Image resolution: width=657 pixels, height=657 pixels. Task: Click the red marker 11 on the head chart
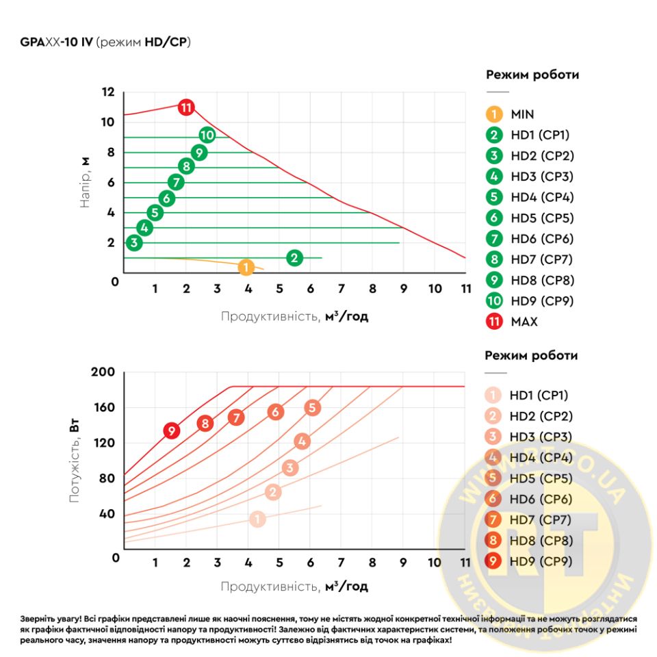[x=186, y=107]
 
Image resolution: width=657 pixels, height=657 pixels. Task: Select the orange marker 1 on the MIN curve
[x=247, y=268]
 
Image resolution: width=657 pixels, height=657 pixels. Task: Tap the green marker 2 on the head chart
[x=294, y=258]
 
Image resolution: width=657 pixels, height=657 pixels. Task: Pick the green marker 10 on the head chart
[x=207, y=136]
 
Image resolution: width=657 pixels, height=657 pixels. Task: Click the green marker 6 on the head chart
[x=166, y=198]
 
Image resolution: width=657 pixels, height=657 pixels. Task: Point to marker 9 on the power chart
[x=171, y=430]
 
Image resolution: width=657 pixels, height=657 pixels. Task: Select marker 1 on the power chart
[x=257, y=519]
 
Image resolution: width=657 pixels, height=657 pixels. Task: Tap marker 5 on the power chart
[x=312, y=408]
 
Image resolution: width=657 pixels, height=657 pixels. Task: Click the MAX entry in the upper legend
[x=524, y=322]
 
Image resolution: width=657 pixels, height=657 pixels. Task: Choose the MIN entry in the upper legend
[x=522, y=114]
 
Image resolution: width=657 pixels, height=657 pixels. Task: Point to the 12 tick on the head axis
[x=108, y=92]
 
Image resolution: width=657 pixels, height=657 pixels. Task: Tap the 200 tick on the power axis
[x=103, y=372]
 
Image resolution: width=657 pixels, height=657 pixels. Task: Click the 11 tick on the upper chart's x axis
[x=465, y=288]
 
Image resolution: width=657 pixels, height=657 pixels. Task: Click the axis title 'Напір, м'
[x=86, y=182]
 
